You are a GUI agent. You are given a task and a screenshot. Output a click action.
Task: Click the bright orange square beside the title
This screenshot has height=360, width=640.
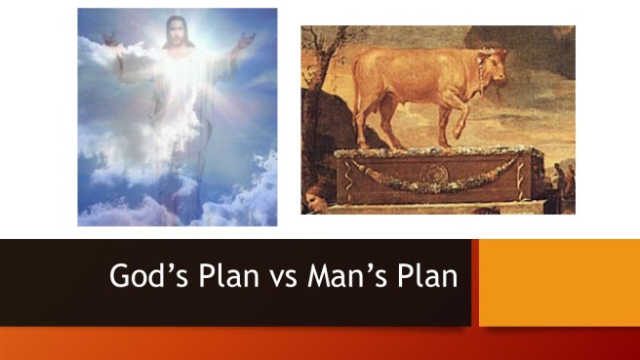(x=558, y=282)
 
